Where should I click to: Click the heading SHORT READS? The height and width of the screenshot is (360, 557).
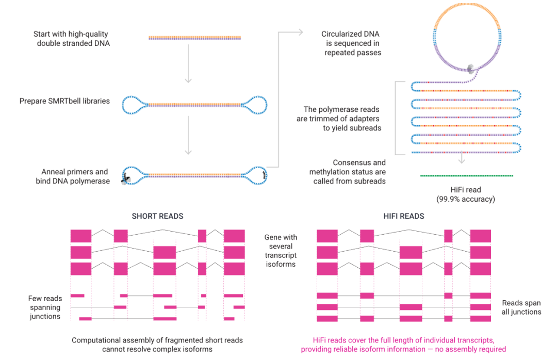click(x=157, y=216)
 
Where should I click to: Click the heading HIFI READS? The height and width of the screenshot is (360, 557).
click(x=404, y=216)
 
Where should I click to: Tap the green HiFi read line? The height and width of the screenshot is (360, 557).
click(x=466, y=176)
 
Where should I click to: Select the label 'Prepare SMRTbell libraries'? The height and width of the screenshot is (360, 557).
click(x=64, y=101)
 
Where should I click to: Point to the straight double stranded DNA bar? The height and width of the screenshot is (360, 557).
click(x=194, y=38)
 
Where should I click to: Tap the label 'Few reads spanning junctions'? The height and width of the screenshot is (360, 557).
click(x=45, y=307)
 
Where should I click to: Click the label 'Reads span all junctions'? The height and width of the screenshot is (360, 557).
click(x=521, y=307)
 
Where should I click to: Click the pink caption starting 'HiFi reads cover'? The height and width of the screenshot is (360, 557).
click(x=403, y=345)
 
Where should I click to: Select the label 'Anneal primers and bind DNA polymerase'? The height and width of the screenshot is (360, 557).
click(x=75, y=176)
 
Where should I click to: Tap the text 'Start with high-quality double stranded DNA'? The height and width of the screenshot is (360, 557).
click(x=72, y=39)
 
